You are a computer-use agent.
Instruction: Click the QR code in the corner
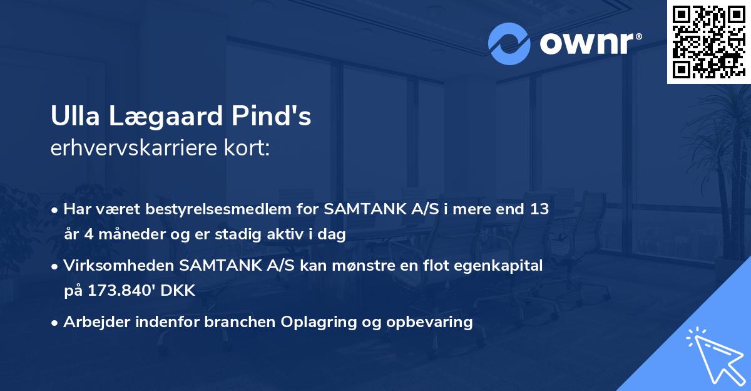tap(708, 42)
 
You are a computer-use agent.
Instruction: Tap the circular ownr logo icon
tap(509, 44)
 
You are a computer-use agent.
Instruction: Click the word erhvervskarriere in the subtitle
tap(131, 149)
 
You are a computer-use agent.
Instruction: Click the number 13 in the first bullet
tap(539, 209)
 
